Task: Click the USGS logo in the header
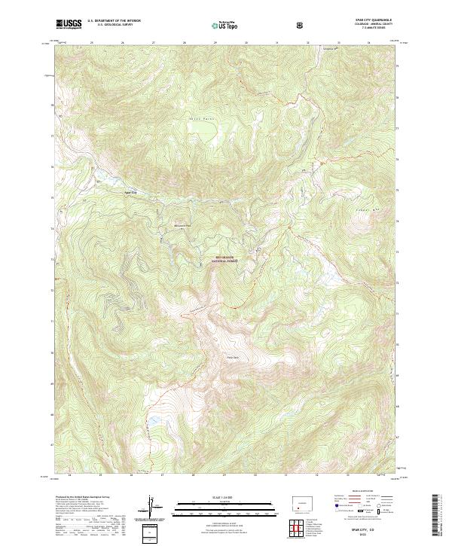[69, 25]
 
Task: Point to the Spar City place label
[131, 192]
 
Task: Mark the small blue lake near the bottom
[153, 419]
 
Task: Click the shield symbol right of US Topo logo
[301, 25]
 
